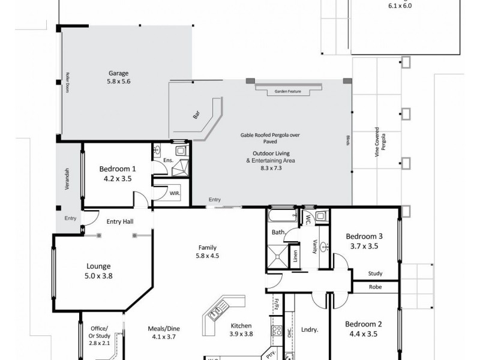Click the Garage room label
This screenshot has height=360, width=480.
tap(118, 73)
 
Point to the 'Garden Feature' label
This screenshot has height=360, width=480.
tap(286, 91)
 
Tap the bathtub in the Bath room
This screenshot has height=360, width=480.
tap(282, 215)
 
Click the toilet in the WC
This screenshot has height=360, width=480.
tap(320, 217)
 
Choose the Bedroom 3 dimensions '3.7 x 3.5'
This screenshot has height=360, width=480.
tap(364, 246)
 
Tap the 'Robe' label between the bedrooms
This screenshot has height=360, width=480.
tap(375, 288)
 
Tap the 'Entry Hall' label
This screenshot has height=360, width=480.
tap(119, 222)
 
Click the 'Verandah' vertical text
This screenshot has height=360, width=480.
tap(68, 179)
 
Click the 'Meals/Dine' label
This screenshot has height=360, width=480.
tap(164, 328)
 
